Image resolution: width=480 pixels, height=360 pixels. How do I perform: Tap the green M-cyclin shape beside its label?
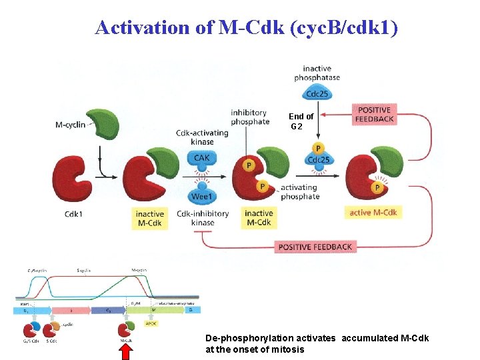point(104,125)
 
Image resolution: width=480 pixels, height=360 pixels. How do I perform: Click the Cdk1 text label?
point(74,214)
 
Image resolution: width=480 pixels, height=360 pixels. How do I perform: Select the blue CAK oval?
point(201,159)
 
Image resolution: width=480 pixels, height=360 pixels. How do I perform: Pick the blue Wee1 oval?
point(201,197)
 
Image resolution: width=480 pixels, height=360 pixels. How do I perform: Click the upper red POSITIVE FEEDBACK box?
point(375,114)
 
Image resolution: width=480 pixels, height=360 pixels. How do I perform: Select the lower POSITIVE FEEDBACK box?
point(315,247)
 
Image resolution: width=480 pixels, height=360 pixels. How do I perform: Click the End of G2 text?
point(301,121)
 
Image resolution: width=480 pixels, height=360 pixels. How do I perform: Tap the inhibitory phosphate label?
point(249,117)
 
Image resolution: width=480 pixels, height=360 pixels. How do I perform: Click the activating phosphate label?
point(300,192)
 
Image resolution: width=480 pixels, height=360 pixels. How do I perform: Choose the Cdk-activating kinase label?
point(202,137)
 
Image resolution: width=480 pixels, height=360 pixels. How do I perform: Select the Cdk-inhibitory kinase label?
point(202,218)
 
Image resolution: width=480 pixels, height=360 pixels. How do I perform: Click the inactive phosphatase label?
point(317,73)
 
